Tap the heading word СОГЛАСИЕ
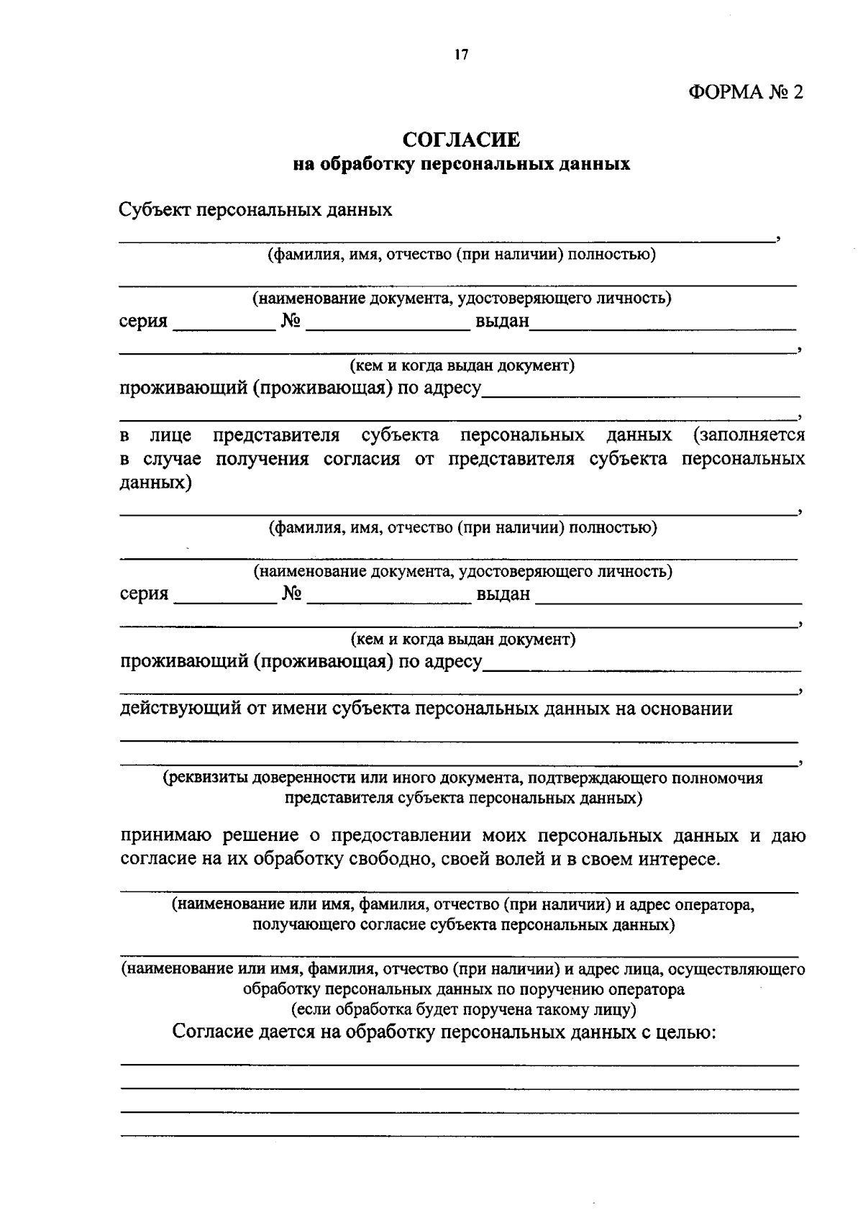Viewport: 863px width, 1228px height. (x=461, y=140)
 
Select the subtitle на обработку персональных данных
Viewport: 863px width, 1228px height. (x=461, y=164)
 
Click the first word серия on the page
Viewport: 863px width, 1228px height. (x=143, y=321)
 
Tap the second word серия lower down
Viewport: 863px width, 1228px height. (x=144, y=593)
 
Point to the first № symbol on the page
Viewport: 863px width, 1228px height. (x=290, y=321)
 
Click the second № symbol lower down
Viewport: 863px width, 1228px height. (x=291, y=593)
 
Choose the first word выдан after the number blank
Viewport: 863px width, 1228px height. (x=501, y=321)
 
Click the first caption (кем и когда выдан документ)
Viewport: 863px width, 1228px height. (x=462, y=365)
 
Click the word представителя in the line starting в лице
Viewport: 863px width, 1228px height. (x=276, y=435)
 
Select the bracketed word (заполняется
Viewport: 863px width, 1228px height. (x=749, y=435)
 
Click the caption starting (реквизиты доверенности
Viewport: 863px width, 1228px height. (x=462, y=778)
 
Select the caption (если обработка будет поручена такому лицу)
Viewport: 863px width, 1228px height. (x=463, y=1009)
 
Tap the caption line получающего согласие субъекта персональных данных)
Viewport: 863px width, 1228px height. (x=463, y=924)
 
